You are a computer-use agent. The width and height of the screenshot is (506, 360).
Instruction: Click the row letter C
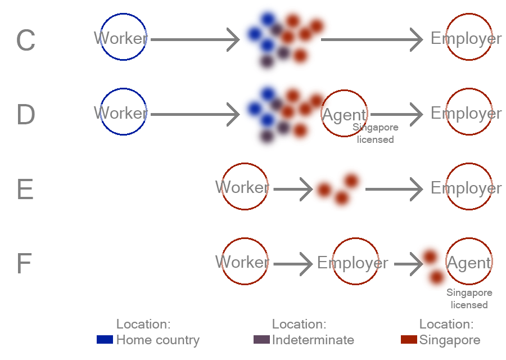pos(25,40)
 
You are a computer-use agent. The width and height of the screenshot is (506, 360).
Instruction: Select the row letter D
pos(25,115)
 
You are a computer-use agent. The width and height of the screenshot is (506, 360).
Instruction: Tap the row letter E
pos(25,189)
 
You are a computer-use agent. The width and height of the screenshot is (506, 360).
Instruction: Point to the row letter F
pos(24,263)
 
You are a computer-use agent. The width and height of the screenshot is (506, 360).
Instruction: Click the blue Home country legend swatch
pos(105,339)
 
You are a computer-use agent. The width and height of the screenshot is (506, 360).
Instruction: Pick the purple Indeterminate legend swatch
pos(261,339)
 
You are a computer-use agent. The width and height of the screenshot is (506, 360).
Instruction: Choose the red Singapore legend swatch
pos(409,339)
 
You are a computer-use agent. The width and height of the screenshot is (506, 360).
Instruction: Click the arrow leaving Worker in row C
pos(195,40)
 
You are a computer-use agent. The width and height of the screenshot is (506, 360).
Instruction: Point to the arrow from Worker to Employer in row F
pos(293,264)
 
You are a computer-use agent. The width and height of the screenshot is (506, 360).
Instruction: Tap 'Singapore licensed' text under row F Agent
pos(469,299)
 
